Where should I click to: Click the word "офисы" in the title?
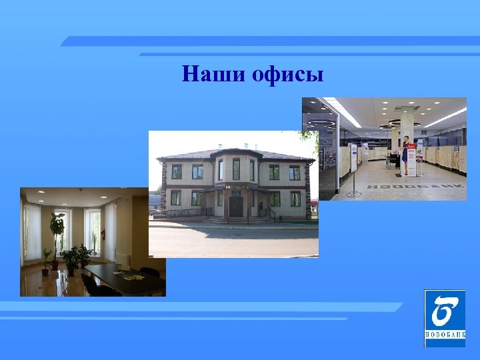(x=288, y=74)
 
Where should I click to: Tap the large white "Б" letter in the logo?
(x=444, y=311)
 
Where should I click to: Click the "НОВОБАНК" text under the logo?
(x=445, y=335)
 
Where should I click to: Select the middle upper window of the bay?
(x=236, y=169)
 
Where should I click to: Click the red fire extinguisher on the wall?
(x=103, y=235)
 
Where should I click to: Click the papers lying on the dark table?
(x=125, y=273)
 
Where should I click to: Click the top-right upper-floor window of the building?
(x=294, y=173)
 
